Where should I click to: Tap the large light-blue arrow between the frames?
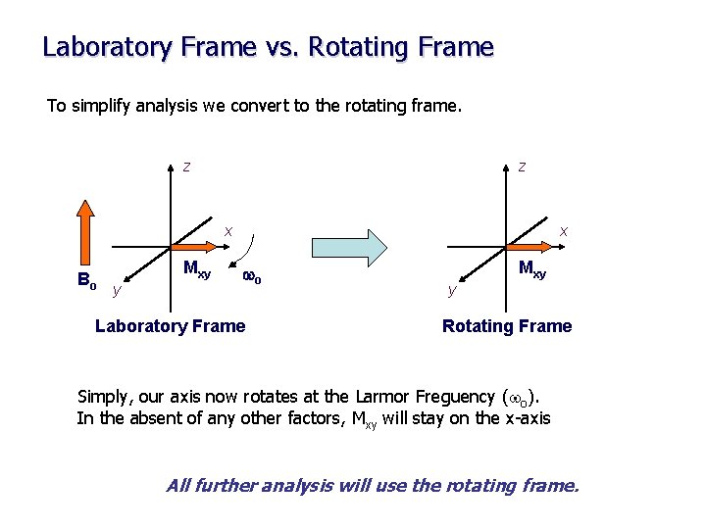(348, 247)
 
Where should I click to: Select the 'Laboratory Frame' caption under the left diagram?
(170, 326)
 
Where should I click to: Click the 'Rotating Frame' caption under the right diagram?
(507, 326)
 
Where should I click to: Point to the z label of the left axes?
(186, 167)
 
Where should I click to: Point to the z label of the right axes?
(522, 167)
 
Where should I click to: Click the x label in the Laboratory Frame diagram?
(227, 231)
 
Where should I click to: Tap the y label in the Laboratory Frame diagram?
(117, 290)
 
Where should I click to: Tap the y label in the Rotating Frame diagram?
(451, 290)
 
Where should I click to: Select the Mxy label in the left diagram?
(197, 270)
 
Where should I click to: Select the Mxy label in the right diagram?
(532, 268)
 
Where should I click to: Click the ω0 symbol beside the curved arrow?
(251, 278)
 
